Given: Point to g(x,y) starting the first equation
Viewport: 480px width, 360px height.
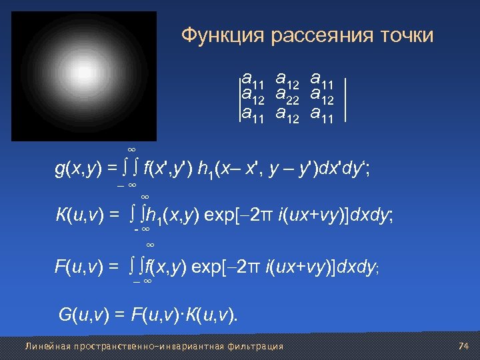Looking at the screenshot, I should pos(79,169).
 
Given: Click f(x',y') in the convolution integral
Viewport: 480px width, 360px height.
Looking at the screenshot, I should pos(171,169).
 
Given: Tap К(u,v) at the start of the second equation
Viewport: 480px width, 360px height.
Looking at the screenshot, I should pos(79,215).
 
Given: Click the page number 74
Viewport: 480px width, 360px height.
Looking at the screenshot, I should pos(465,346).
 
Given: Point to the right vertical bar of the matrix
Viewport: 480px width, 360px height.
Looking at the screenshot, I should pos(345,99).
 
